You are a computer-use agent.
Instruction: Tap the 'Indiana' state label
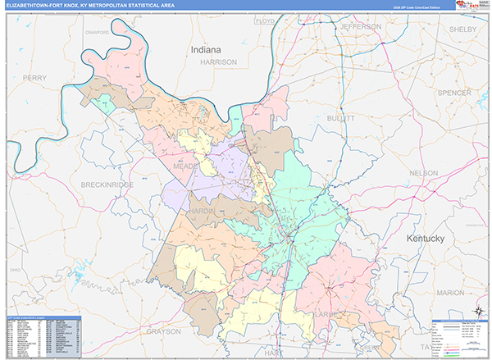(x=206, y=50)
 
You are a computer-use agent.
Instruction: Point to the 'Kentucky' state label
(x=425, y=239)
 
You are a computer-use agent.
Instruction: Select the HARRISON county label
(x=218, y=62)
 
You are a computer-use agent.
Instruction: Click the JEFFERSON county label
(x=360, y=26)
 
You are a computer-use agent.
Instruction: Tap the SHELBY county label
(x=457, y=29)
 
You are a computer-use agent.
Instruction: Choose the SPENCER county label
(x=453, y=93)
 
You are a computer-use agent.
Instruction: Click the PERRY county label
(x=35, y=77)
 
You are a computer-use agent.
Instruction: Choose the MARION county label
(x=450, y=292)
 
